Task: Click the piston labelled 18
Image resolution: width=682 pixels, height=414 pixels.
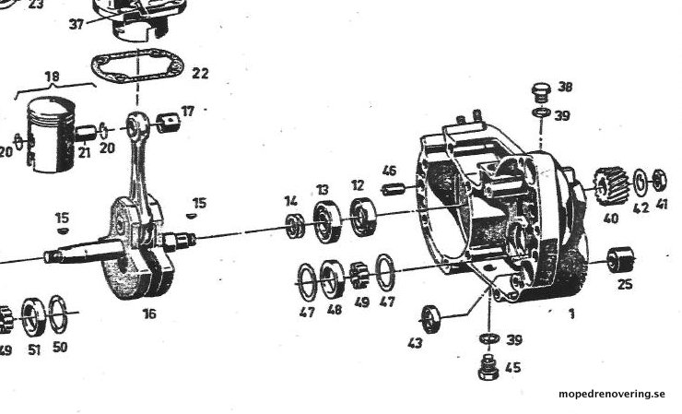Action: click(52, 134)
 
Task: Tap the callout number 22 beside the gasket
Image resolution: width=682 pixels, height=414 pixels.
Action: click(200, 73)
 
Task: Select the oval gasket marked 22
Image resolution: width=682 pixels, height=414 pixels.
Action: click(137, 65)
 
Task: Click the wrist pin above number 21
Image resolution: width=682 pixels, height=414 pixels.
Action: click(86, 133)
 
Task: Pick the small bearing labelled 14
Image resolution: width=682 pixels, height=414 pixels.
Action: click(295, 227)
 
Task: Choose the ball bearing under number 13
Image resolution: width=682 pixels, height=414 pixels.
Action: click(327, 222)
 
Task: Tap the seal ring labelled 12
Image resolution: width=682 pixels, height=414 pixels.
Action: click(363, 217)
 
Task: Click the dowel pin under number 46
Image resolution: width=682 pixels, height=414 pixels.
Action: click(394, 190)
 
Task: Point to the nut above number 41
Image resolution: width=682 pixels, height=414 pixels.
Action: click(659, 180)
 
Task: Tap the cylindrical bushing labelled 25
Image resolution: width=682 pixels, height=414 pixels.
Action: click(620, 259)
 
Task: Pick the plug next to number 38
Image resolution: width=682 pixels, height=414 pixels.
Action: click(541, 92)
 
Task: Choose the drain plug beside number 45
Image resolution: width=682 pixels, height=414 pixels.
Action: click(488, 367)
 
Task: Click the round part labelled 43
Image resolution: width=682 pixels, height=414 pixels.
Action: click(431, 319)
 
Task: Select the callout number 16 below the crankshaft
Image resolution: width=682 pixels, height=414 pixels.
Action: click(149, 313)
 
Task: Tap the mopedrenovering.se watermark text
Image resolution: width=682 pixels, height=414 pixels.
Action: click(612, 394)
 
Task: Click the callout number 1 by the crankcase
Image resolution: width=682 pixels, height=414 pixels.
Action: click(572, 313)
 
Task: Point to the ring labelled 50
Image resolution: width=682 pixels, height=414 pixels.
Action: click(58, 315)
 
